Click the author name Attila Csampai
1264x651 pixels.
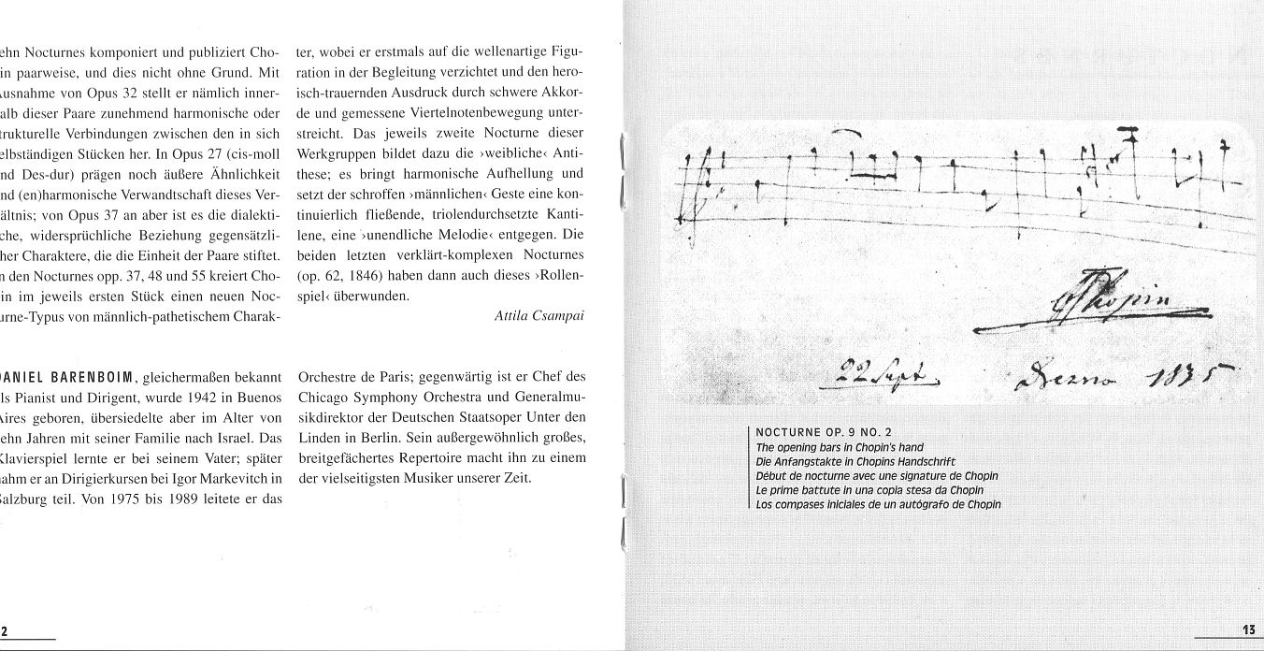pos(539,315)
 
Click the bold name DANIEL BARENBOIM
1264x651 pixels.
pos(71,378)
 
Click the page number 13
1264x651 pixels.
pos(1247,630)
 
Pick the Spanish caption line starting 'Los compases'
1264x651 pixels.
pos(878,504)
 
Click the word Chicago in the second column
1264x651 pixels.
pos(323,398)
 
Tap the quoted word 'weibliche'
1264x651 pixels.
pos(514,152)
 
